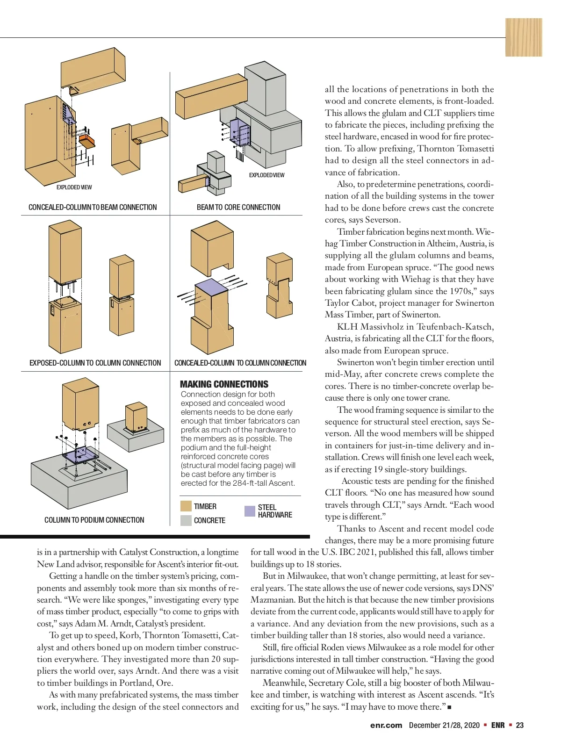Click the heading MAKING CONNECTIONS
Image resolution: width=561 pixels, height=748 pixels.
pos(224,384)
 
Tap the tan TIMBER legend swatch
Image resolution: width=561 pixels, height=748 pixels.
pos(186,506)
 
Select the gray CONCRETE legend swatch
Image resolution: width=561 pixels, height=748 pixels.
pos(186,520)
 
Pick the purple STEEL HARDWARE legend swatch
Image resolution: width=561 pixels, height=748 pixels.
pos(250,511)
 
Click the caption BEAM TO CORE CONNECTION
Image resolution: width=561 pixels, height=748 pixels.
pos(238,207)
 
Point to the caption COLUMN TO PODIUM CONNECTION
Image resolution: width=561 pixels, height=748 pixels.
pos(94,520)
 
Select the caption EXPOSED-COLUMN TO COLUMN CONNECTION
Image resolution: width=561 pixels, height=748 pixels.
pos(95,363)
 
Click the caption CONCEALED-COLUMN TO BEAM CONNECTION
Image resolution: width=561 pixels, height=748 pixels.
pos(93,207)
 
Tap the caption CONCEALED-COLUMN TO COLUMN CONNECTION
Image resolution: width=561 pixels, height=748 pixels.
pos(240,363)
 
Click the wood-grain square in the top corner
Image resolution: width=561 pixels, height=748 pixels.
pos(524,37)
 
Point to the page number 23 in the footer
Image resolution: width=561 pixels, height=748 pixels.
pos(520,725)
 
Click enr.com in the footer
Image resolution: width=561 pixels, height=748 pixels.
pos(386,725)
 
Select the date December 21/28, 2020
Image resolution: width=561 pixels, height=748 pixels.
pos(444,725)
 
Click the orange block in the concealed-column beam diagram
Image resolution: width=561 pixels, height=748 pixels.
pos(86,140)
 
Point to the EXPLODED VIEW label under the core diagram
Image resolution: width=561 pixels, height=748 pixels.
pos(266,175)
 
